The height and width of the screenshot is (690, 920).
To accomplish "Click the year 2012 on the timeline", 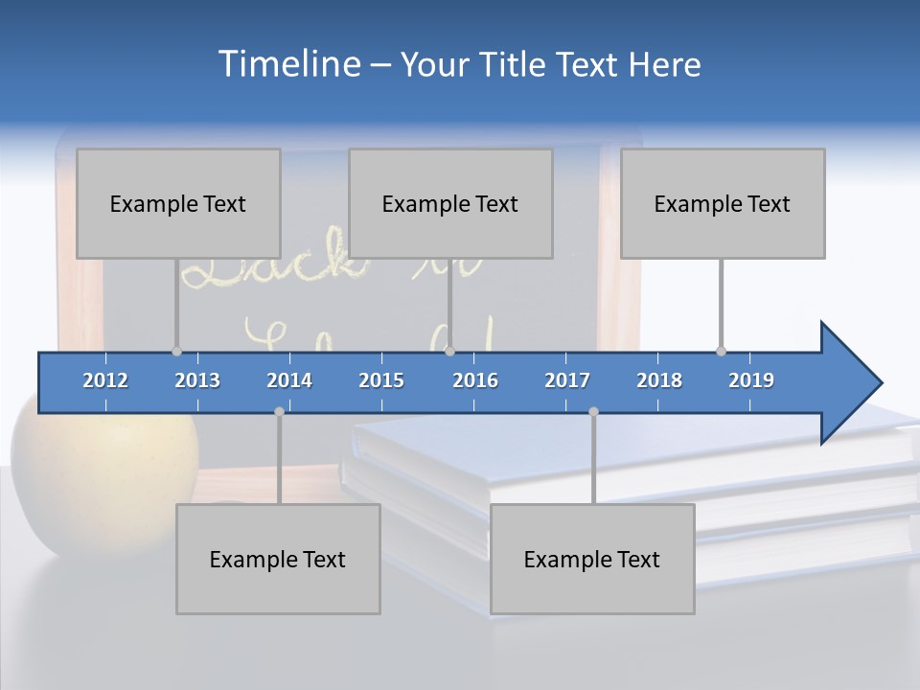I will click(x=105, y=380).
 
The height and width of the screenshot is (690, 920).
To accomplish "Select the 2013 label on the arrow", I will click(x=197, y=380).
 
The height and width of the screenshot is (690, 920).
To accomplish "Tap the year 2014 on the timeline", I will click(x=289, y=380).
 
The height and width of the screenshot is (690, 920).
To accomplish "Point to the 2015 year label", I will click(x=381, y=380).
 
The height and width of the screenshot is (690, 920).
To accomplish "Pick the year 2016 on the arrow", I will click(x=475, y=380).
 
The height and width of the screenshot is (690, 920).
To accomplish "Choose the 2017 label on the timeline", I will click(x=567, y=380).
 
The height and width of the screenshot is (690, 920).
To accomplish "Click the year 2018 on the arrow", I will click(x=659, y=380).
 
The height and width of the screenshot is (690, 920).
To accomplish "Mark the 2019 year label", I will click(x=751, y=380).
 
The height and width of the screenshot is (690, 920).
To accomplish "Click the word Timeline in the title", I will click(x=287, y=64).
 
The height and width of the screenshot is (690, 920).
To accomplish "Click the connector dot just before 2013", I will click(x=176, y=351).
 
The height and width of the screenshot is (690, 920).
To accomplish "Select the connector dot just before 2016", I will click(x=449, y=351).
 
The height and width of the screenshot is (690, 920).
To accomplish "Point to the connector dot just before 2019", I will click(x=721, y=351).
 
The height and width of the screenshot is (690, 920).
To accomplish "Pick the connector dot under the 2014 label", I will click(x=279, y=412).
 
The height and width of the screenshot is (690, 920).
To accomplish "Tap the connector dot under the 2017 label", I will click(x=593, y=412).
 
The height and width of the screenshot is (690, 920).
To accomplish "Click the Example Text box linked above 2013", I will click(x=178, y=203).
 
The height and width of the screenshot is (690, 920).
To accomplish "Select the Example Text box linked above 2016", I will click(x=450, y=203).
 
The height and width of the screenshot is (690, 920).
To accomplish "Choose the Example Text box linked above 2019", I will click(x=723, y=203).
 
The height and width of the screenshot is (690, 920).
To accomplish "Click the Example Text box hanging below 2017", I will click(x=592, y=559).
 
